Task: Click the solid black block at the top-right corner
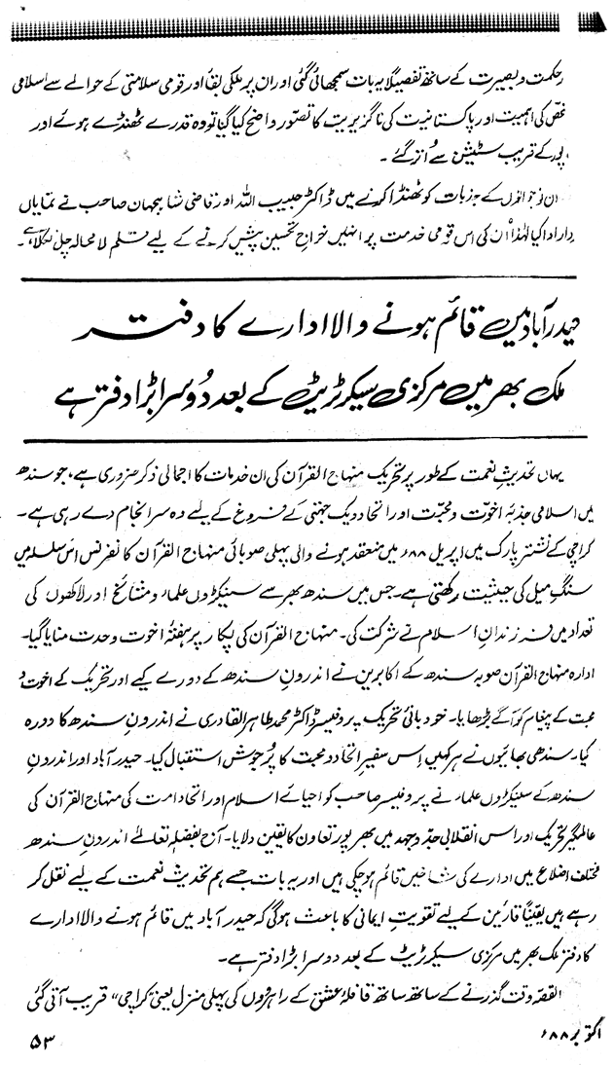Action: [x=595, y=19]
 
